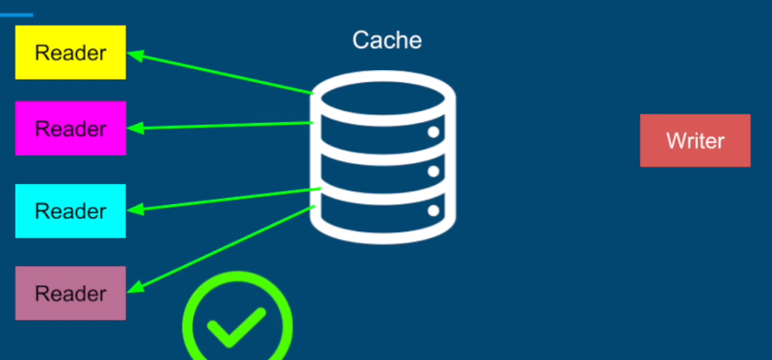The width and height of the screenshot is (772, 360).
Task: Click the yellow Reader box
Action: (x=70, y=52)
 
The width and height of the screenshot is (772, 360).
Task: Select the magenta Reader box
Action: (x=70, y=128)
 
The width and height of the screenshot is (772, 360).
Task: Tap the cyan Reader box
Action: (x=70, y=210)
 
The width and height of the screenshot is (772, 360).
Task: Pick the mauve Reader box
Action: (x=70, y=293)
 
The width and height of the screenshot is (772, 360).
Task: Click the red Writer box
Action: (x=694, y=140)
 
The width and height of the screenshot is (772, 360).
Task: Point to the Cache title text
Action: (x=387, y=40)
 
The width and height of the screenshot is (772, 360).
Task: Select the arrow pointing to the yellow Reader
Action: (x=221, y=73)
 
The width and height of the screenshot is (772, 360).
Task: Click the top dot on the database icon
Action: (x=433, y=132)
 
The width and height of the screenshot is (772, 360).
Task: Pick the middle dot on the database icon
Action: (x=433, y=170)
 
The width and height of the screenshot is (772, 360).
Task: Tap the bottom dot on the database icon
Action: (x=433, y=209)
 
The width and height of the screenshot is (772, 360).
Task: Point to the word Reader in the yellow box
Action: (x=70, y=53)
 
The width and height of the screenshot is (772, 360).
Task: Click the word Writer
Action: (x=694, y=141)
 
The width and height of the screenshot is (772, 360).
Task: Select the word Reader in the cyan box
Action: (x=70, y=211)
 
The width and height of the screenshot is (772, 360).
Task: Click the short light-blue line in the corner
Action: (x=16, y=14)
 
